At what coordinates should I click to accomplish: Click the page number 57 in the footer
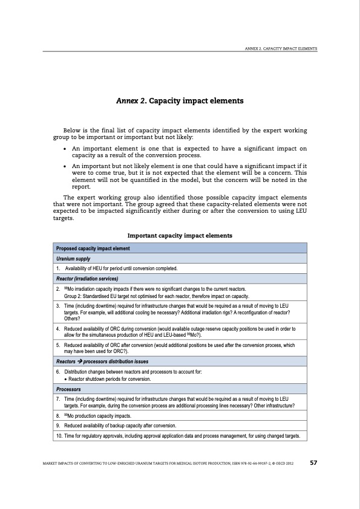click(313, 463)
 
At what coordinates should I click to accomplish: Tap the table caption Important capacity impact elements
click(180, 235)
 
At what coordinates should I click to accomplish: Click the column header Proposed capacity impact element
click(92, 248)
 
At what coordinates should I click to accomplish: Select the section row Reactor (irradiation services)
click(87, 278)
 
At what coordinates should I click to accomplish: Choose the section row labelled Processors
click(69, 389)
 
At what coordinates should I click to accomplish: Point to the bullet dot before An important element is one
click(65, 148)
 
